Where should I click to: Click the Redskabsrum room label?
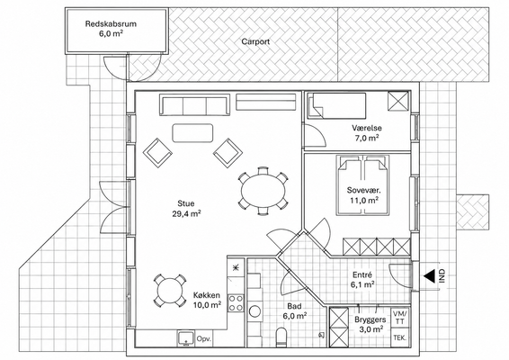111,23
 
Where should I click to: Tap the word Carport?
255,41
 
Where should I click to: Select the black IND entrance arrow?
429,276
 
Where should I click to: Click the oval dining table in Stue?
263,191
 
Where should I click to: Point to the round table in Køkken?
168,290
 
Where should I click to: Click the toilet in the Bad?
281,337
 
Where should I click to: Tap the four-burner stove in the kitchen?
236,302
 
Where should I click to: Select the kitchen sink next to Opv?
185,338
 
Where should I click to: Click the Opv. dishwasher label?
204,338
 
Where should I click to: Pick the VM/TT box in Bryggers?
399,318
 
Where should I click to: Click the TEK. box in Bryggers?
399,337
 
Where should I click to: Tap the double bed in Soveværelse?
363,185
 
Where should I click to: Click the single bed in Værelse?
336,105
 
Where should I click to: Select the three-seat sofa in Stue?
194,105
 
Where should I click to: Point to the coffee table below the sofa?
192,133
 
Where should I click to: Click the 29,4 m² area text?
186,213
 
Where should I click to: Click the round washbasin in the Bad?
255,311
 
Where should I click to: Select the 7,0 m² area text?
367,138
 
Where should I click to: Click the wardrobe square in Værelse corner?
398,102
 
